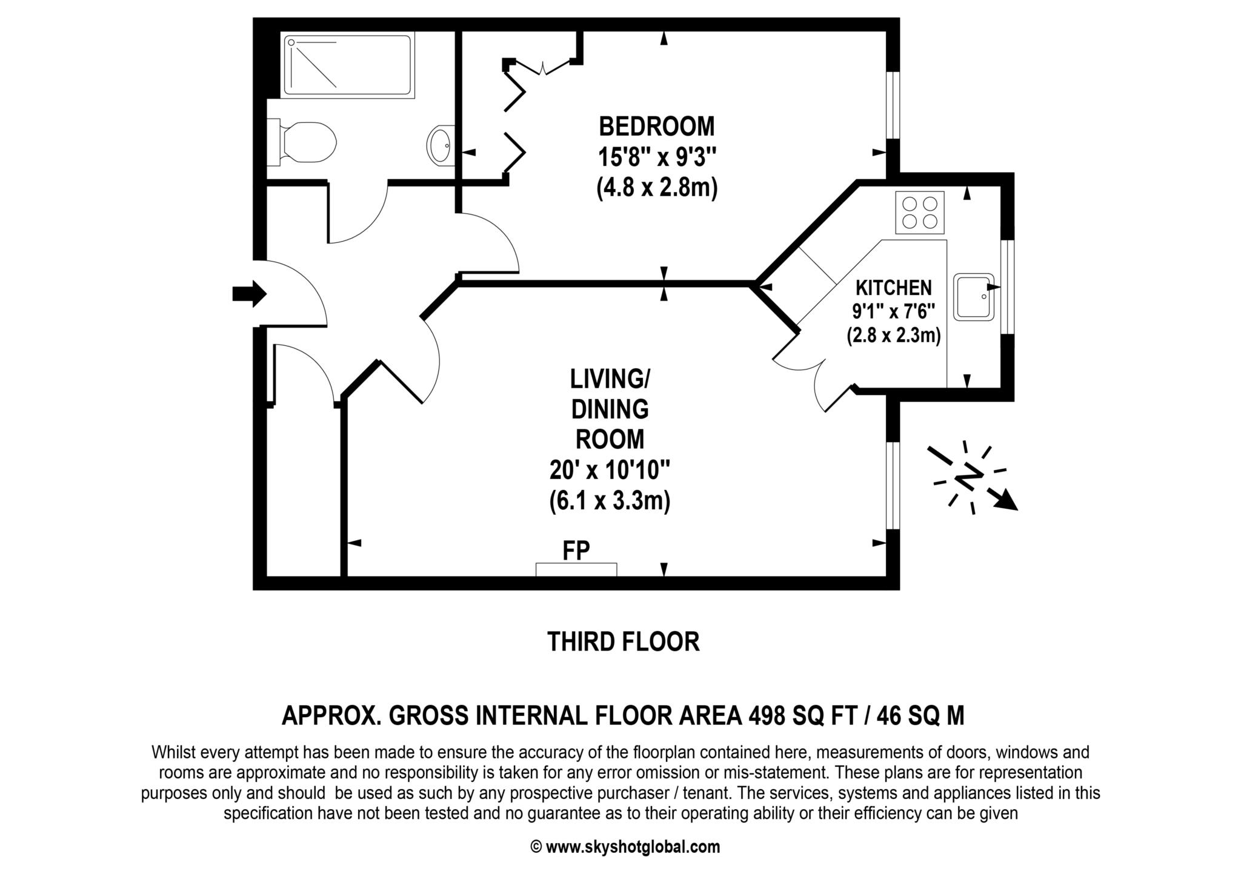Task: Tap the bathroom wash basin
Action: coord(441,145)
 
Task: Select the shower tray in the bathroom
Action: coord(348,65)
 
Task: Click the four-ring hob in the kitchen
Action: coord(920,212)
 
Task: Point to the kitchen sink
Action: coord(974,297)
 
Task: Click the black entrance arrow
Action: coord(249,294)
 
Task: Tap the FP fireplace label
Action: coord(576,551)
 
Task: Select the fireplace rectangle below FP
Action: coord(576,569)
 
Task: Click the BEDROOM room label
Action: coord(657,127)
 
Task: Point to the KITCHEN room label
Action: coord(893,287)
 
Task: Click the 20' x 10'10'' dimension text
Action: coord(610,470)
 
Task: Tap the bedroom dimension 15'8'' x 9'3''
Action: coord(657,158)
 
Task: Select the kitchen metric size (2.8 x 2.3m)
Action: coord(893,335)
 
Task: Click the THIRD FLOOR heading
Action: coord(623,642)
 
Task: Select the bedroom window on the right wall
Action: coord(893,106)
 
